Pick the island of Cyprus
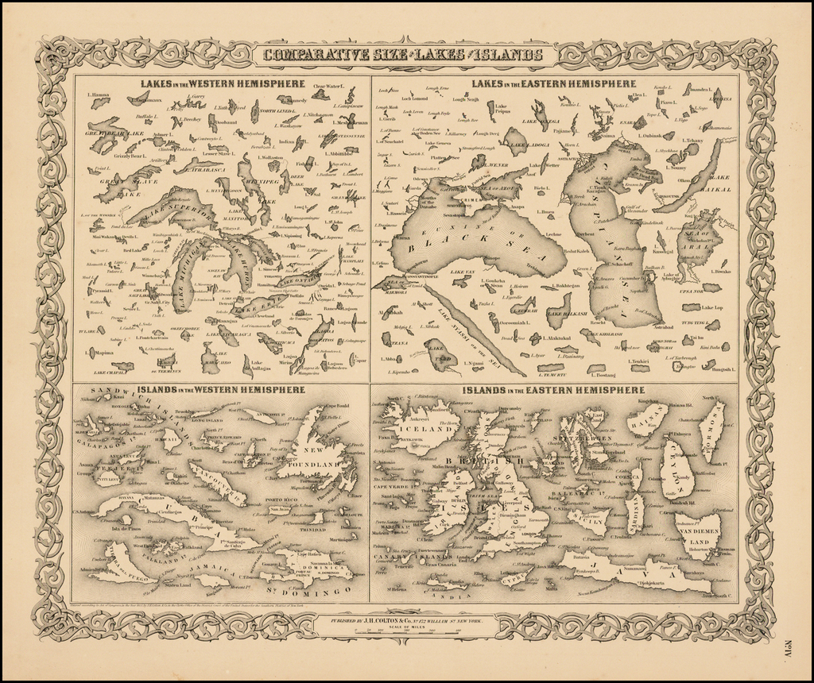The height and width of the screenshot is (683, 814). click(515, 577)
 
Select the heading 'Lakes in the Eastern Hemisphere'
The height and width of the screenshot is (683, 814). click(553, 83)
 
